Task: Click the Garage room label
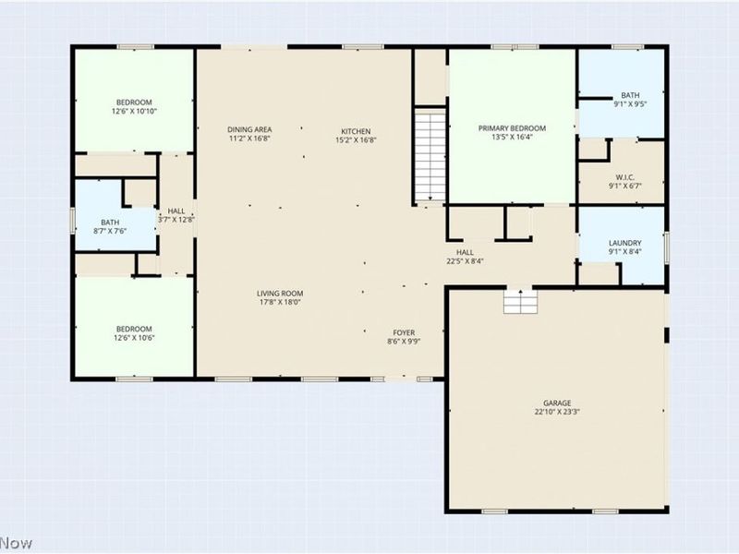pyautogui.click(x=557, y=403)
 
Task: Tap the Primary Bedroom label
pyautogui.click(x=512, y=128)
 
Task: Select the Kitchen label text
pyautogui.click(x=356, y=131)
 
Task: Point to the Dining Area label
pyautogui.click(x=249, y=129)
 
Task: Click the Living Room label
pyautogui.click(x=280, y=294)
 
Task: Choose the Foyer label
pyautogui.click(x=404, y=332)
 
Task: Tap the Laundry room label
pyautogui.click(x=625, y=243)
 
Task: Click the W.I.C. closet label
pyautogui.click(x=625, y=177)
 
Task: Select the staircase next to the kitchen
pyautogui.click(x=430, y=155)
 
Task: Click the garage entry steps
pyautogui.click(x=520, y=302)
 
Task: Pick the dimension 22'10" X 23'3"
pyautogui.click(x=557, y=412)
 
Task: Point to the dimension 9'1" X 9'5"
pyautogui.click(x=630, y=104)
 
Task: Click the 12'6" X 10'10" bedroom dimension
pyautogui.click(x=134, y=111)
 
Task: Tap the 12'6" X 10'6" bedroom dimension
pyautogui.click(x=134, y=338)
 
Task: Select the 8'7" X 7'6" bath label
pyautogui.click(x=110, y=226)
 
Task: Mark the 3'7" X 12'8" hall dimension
pyautogui.click(x=176, y=220)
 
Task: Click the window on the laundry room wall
pyautogui.click(x=667, y=247)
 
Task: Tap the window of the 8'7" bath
pyautogui.click(x=73, y=221)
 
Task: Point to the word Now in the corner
pyautogui.click(x=16, y=544)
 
